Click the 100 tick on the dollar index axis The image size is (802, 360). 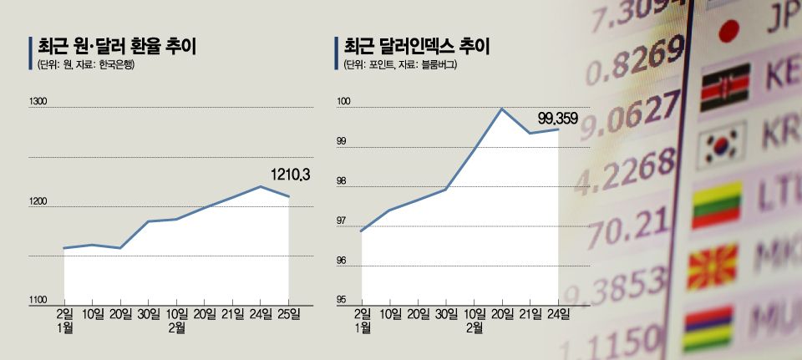click(343, 102)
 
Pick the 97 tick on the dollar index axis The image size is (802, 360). click(342, 221)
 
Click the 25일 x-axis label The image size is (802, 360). click(289, 314)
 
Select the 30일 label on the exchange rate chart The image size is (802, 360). click(148, 314)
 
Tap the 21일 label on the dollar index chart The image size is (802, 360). click(530, 314)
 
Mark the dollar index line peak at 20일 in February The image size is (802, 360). click(501, 109)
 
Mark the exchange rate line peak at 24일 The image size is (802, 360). click(261, 186)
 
